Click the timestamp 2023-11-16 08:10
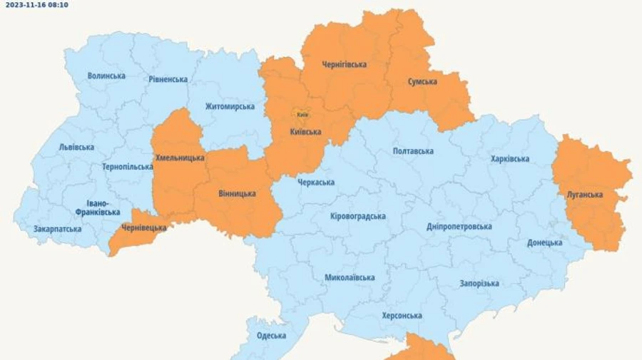tap(37, 4)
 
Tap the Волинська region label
tap(106, 76)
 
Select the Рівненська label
tap(168, 79)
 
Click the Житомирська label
tap(230, 107)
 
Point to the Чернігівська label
tap(344, 65)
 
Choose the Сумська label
tap(422, 82)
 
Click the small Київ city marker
tap(302, 114)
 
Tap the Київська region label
tap(305, 132)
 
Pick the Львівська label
tap(76, 148)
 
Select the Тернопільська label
tap(127, 167)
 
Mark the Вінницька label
tap(236, 193)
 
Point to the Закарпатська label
tap(57, 230)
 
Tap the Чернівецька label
tap(143, 228)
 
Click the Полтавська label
tap(413, 151)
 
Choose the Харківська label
tap(510, 159)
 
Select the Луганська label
tap(585, 195)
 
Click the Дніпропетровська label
tap(459, 227)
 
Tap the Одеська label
tap(271, 336)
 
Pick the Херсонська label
tap(402, 316)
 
